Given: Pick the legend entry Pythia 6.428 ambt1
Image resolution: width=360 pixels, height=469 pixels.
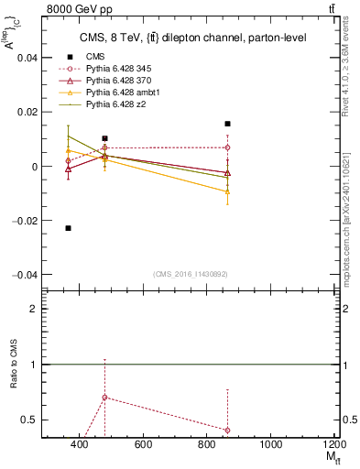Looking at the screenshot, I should pyautogui.click(x=125, y=93).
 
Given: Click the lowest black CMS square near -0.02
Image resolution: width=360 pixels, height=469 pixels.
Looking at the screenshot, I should pyautogui.click(x=69, y=227).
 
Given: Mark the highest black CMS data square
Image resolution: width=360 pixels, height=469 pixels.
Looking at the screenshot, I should pyautogui.click(x=227, y=124).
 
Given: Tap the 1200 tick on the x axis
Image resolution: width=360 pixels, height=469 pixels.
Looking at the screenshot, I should pyautogui.click(x=335, y=445).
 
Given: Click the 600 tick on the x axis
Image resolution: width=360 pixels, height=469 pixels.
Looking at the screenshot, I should pyautogui.click(x=143, y=445).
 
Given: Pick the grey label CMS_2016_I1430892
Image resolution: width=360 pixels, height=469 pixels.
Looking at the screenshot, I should pyautogui.click(x=191, y=274).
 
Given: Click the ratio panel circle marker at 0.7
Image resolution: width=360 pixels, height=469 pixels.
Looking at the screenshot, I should pyautogui.click(x=105, y=398).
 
